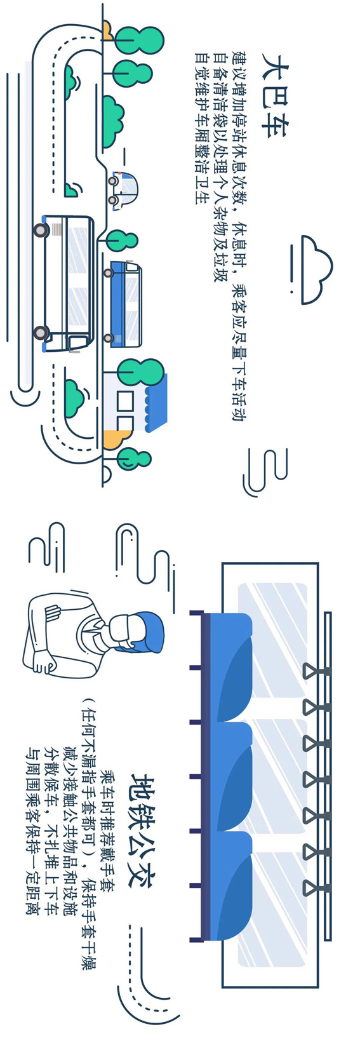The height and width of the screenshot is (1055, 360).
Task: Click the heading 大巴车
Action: (276, 96)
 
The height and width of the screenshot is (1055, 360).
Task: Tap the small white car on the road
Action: (123, 191)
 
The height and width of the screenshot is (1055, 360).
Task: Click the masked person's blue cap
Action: (152, 632)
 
